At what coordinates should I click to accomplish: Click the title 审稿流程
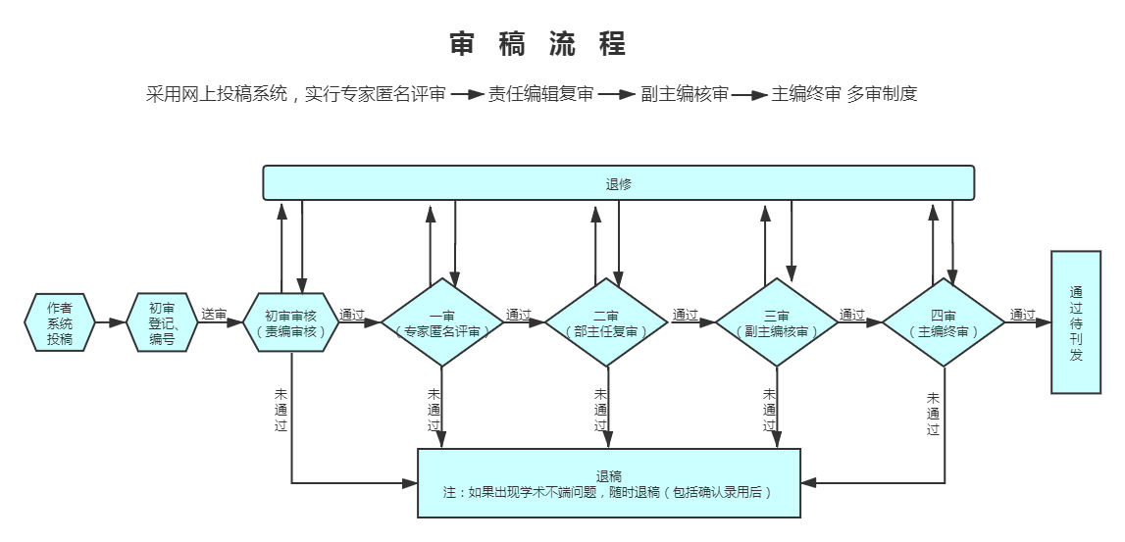(537, 44)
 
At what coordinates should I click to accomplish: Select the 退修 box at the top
(619, 183)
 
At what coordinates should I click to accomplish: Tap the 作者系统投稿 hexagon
(60, 322)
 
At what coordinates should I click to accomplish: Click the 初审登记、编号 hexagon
(162, 322)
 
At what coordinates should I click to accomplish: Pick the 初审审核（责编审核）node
(291, 322)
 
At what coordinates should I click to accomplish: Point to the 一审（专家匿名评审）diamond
(441, 322)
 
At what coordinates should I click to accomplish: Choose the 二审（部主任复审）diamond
(606, 322)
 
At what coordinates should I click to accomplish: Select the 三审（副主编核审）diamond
(776, 322)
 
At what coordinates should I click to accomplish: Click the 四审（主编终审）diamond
(944, 322)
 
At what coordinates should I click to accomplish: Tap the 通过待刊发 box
(1076, 322)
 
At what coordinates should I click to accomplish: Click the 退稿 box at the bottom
(609, 483)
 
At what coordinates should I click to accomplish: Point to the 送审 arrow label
(214, 315)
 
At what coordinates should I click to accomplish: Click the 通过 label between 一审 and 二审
(519, 315)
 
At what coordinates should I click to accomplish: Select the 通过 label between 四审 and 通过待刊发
(1022, 315)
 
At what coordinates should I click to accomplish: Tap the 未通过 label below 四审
(933, 414)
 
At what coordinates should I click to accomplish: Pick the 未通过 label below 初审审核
(281, 410)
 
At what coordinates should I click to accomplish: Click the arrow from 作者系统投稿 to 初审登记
(112, 322)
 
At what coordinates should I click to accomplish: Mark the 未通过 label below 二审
(600, 410)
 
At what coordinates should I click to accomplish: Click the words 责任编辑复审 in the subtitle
(541, 95)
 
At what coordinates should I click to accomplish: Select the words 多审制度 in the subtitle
(883, 95)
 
